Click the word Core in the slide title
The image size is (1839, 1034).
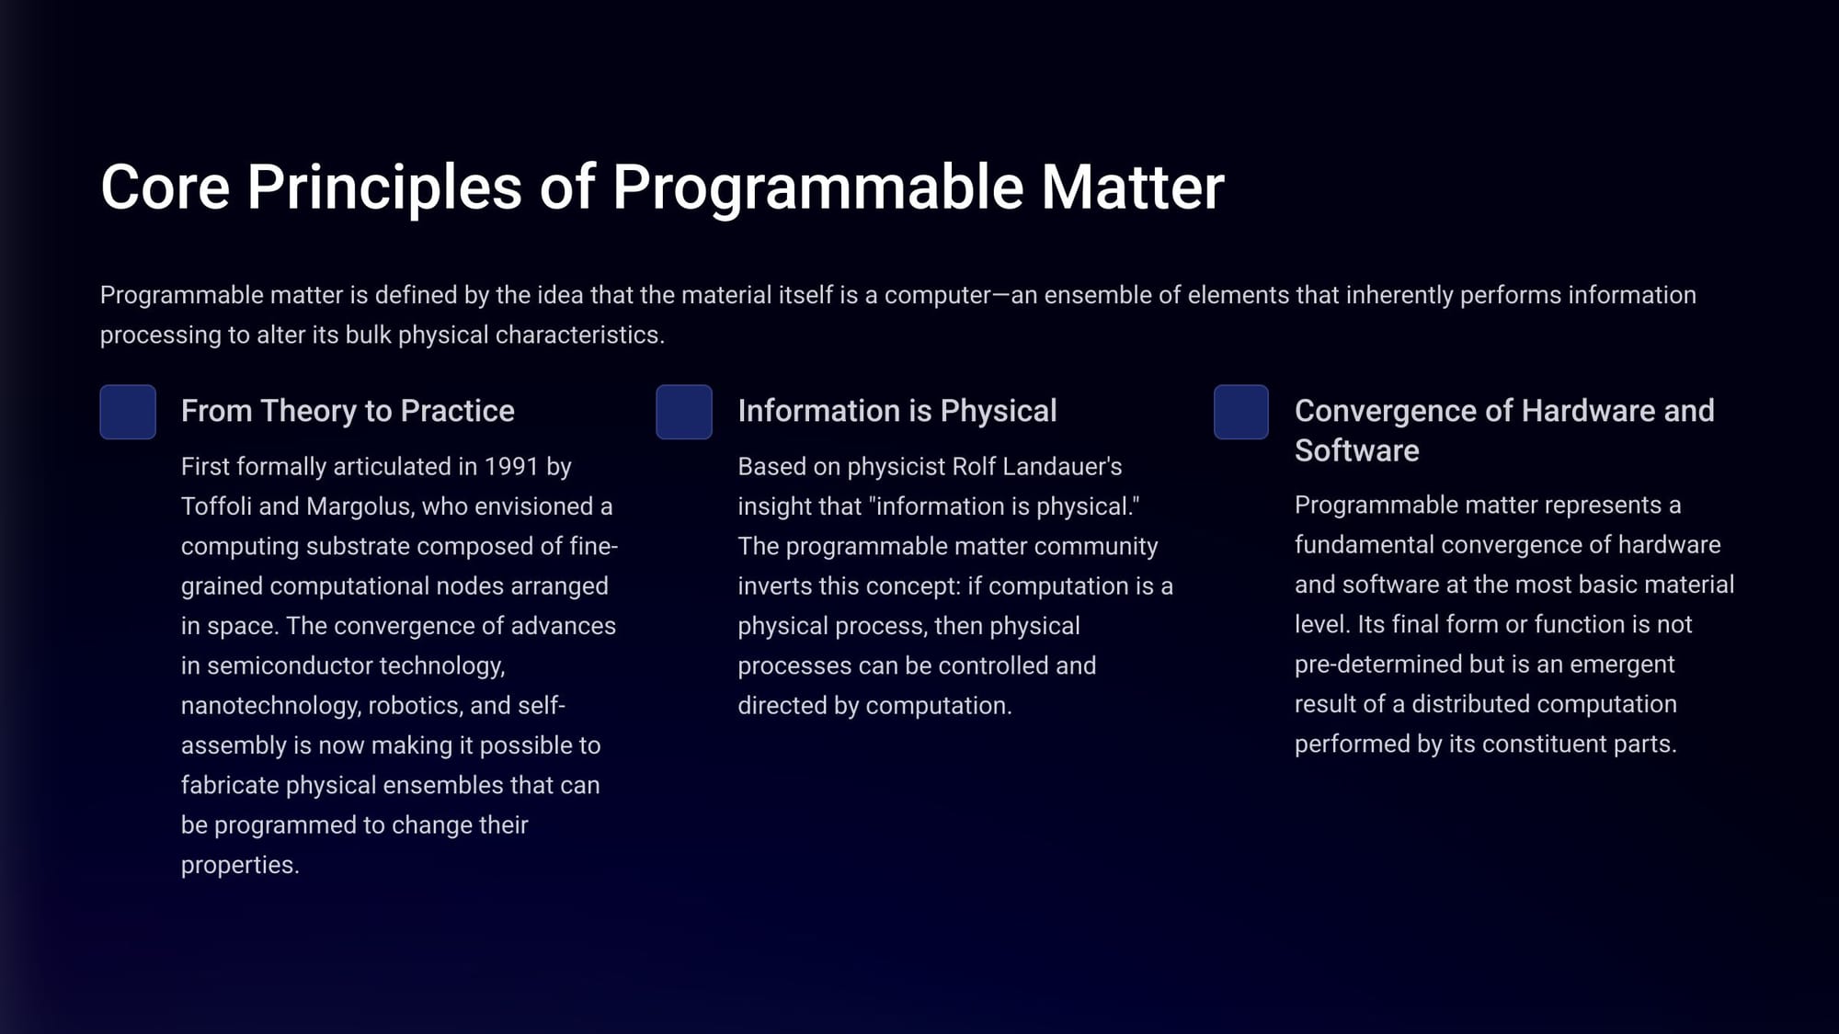coord(165,187)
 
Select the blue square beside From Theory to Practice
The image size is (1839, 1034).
coord(128,412)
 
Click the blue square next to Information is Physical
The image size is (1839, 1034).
coord(684,412)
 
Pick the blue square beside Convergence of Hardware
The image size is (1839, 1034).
coord(1241,412)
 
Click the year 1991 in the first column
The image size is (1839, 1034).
coord(511,467)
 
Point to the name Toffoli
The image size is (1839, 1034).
coord(216,506)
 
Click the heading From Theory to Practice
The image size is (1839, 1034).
coord(348,411)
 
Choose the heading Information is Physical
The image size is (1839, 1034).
coord(897,411)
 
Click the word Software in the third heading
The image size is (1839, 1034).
coord(1357,450)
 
